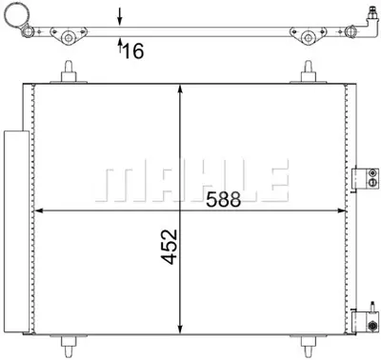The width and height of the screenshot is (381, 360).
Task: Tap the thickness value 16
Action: [x=132, y=50]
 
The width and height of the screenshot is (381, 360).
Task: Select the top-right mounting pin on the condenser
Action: [x=309, y=72]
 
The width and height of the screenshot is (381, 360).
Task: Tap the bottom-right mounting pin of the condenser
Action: [x=310, y=344]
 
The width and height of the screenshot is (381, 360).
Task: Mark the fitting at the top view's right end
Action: [x=366, y=19]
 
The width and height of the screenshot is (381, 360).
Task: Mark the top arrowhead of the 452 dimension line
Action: [x=181, y=89]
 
